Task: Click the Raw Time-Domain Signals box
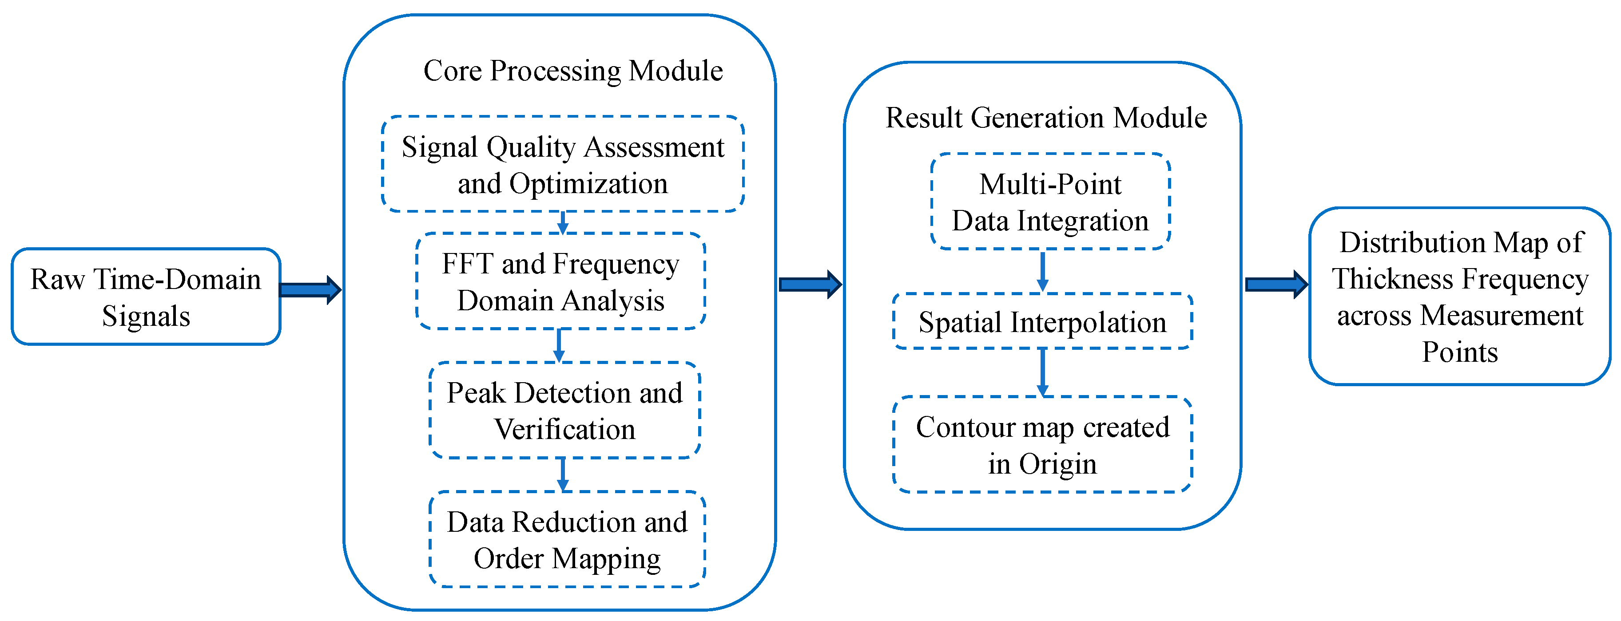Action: pos(145,297)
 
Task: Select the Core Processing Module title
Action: pos(572,71)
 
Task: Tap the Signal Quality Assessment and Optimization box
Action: pos(563,164)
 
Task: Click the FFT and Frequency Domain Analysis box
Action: pos(560,281)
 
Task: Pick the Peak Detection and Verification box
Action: pos(564,410)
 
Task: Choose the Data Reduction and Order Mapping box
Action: pos(566,539)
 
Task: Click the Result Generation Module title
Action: pos(1046,118)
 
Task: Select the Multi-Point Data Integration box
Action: pos(1049,202)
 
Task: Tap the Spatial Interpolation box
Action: pos(1042,321)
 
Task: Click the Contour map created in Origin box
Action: pos(1042,444)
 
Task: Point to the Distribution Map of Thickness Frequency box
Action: pos(1459,297)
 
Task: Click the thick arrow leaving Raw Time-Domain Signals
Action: pos(310,289)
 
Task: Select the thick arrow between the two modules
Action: pos(809,285)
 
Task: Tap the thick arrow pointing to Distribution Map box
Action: pos(1275,285)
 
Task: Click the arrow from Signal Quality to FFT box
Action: pos(563,222)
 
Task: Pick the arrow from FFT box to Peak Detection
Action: pos(559,345)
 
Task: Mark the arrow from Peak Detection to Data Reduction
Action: pos(563,474)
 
